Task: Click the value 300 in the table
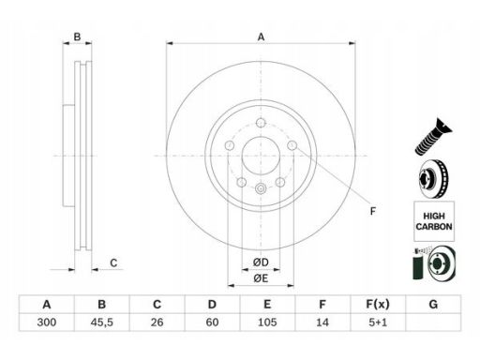coord(47,322)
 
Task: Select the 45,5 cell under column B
coord(102,322)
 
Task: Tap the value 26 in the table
coord(157,322)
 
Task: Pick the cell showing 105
coord(267,322)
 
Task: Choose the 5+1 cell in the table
coord(378,322)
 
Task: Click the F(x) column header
coord(378,304)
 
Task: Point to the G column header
coord(433,304)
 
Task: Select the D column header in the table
coord(212,304)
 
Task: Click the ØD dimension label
coord(261,262)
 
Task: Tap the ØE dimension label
coord(261,278)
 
